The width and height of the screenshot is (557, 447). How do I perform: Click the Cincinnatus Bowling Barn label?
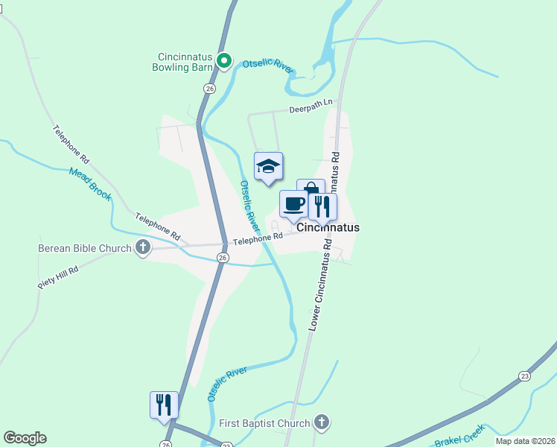[x=185, y=62]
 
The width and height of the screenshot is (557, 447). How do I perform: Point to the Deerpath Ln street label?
[x=313, y=107]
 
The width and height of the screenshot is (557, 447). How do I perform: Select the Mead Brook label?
[x=90, y=183]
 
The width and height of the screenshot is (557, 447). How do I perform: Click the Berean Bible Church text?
[x=85, y=248]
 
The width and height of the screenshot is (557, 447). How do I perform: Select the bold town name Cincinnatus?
[x=328, y=228]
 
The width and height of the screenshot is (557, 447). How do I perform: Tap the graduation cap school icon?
[x=268, y=166]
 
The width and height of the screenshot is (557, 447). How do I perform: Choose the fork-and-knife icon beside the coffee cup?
[x=322, y=206]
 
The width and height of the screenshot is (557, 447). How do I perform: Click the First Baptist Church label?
[x=264, y=424]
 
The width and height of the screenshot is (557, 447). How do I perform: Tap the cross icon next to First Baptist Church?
[x=321, y=423]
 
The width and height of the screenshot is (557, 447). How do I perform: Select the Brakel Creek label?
[x=459, y=437]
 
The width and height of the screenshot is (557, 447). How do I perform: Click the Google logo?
[x=25, y=438]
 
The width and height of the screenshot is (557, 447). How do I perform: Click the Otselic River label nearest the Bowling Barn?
[x=267, y=66]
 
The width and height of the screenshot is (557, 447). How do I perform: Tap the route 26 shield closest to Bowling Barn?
[x=209, y=88]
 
